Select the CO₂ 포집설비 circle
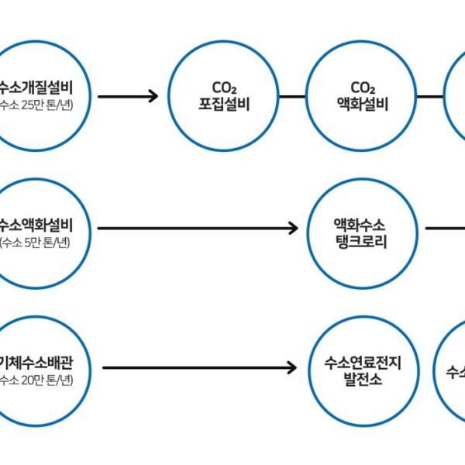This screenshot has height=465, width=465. [x=223, y=95]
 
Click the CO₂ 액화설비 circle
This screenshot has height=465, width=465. [x=362, y=95]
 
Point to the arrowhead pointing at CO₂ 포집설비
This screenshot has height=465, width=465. [x=152, y=96]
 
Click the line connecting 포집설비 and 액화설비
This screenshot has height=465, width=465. [x=292, y=96]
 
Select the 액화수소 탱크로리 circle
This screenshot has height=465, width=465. [x=362, y=229]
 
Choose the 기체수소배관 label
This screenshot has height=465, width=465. [x=39, y=362]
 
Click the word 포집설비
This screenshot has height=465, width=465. [x=223, y=104]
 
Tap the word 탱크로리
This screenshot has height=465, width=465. [x=362, y=239]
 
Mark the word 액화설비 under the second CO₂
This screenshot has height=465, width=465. [x=362, y=104]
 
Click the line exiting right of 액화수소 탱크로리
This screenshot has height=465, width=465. [x=445, y=229]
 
